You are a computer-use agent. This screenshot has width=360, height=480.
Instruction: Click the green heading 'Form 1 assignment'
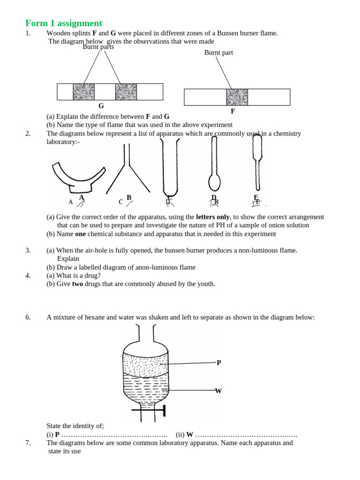coord(63,23)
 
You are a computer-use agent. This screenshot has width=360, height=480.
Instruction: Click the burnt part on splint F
coord(237,97)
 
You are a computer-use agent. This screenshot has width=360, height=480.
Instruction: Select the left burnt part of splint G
coord(83,92)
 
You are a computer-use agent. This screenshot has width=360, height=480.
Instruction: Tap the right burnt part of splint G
coord(126,92)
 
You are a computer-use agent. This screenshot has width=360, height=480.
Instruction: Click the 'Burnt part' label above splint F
coord(218,52)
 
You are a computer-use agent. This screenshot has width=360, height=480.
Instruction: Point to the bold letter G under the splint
coord(101,106)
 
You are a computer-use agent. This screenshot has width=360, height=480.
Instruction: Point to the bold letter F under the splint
coord(232,112)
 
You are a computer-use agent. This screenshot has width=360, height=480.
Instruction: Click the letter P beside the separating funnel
coord(218,362)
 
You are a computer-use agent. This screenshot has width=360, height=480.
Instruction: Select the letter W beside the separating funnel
coord(218,390)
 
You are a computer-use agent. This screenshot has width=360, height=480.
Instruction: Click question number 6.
coord(28,317)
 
